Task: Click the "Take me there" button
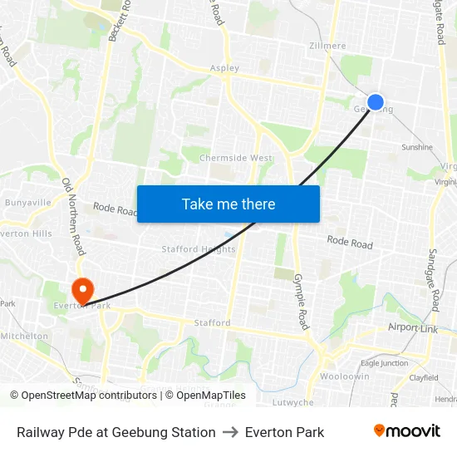(228, 204)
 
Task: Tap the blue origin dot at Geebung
(376, 102)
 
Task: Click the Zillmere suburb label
(327, 47)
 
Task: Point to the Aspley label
(224, 68)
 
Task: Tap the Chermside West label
(236, 158)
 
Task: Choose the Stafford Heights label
(199, 248)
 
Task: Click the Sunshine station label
(417, 147)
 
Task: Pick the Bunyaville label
(27, 202)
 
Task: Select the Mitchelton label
(24, 336)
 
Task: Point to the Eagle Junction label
(384, 362)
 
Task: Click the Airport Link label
(413, 327)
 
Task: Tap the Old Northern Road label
(74, 216)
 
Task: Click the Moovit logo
(406, 431)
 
